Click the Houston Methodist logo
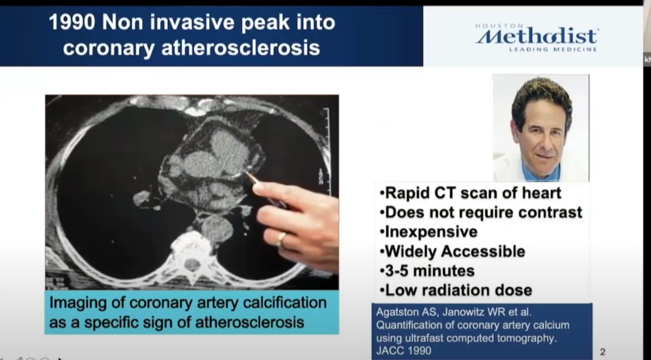(x=537, y=37)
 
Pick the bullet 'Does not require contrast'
(x=482, y=212)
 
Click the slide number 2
(x=603, y=351)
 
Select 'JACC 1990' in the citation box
(x=403, y=350)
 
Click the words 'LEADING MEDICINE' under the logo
(x=552, y=49)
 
